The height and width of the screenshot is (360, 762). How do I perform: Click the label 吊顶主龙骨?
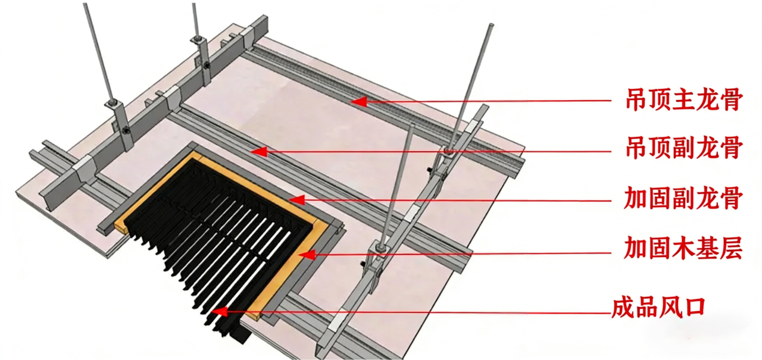click(x=684, y=99)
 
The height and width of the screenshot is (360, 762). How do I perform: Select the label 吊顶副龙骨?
click(x=684, y=148)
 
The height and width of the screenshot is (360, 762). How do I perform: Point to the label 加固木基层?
click(x=683, y=248)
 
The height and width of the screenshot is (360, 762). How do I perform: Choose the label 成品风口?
click(x=658, y=308)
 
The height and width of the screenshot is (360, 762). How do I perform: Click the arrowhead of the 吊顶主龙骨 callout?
click(x=359, y=101)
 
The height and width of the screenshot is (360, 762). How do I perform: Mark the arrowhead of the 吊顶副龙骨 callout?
click(x=259, y=152)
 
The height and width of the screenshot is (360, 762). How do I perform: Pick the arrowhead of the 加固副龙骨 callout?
click(x=297, y=200)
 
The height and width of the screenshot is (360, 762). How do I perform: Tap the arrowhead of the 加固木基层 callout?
click(x=307, y=254)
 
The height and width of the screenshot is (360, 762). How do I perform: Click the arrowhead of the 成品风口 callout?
click(x=220, y=311)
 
